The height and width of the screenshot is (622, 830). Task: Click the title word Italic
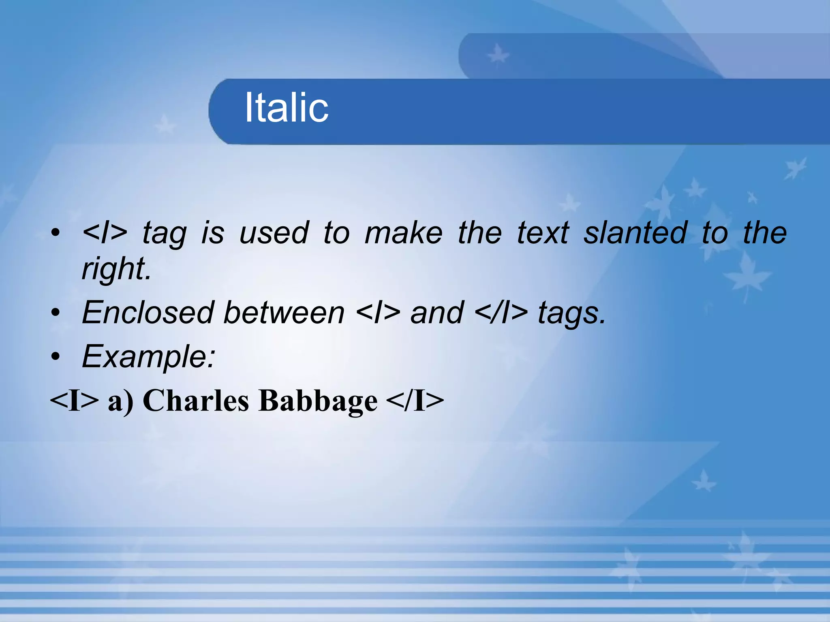[287, 107]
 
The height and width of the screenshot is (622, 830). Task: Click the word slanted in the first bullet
[635, 233]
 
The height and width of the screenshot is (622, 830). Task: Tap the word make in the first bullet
[403, 233]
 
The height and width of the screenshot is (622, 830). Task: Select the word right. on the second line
[116, 268]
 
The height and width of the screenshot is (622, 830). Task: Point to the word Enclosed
[148, 313]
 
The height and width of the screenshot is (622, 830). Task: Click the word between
[284, 313]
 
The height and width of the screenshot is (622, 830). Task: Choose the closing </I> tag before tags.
[501, 313]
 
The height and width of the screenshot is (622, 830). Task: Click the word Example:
[148, 357]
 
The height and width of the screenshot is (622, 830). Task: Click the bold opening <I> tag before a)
[74, 400]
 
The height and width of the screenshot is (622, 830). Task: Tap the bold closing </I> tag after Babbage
[415, 400]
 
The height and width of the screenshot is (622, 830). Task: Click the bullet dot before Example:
[56, 357]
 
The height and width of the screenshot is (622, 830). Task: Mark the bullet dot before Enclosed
[56, 313]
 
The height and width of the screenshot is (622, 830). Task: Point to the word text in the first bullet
[543, 233]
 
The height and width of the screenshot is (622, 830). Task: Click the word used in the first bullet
[274, 233]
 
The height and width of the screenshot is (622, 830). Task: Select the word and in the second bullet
[437, 313]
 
